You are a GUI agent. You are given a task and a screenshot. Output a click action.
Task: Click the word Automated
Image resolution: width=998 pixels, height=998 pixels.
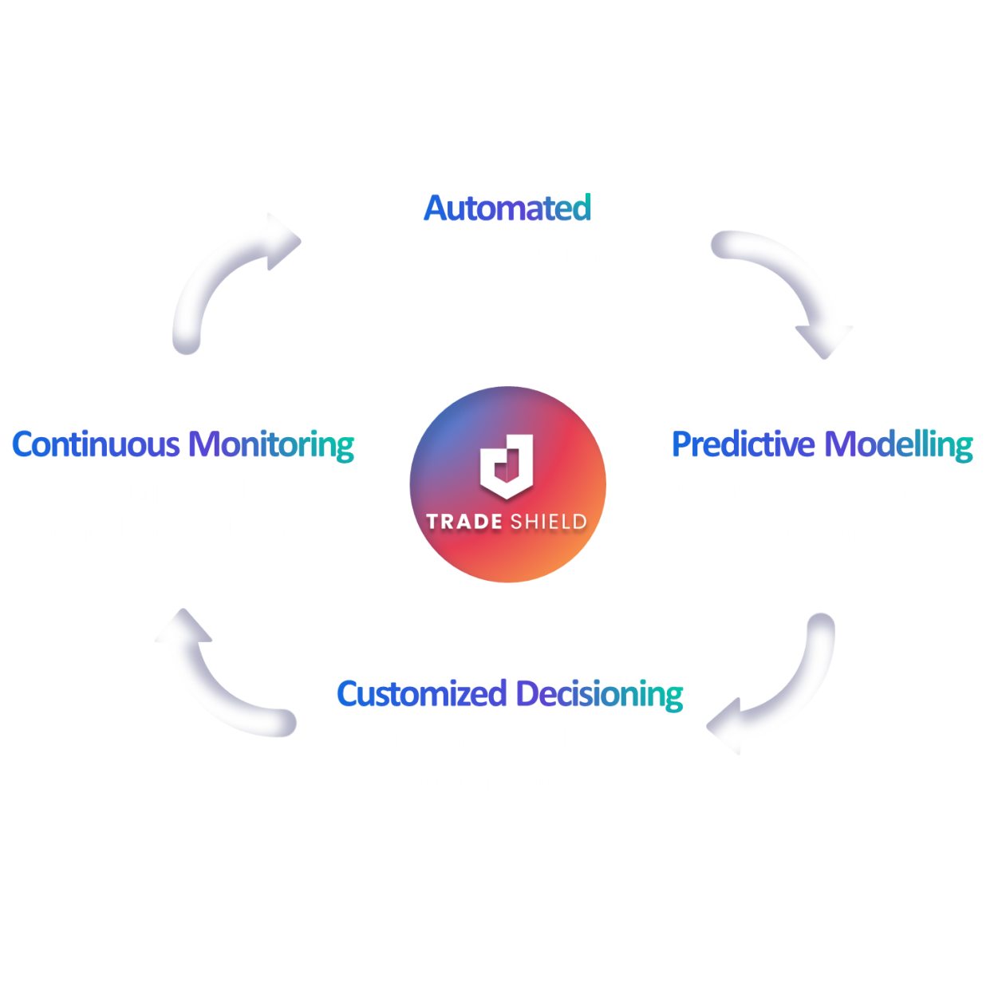click(507, 208)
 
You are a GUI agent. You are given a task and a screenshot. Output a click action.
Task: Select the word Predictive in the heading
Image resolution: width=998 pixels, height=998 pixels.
click(743, 444)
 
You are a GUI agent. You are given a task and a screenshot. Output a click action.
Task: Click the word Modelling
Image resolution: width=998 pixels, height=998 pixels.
click(898, 444)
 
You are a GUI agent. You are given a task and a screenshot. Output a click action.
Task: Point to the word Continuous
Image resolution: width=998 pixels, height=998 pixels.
click(96, 444)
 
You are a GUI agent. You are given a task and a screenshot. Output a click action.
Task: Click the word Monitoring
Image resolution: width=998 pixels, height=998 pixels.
click(271, 444)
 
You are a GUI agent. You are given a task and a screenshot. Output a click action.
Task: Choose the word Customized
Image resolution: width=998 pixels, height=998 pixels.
click(421, 694)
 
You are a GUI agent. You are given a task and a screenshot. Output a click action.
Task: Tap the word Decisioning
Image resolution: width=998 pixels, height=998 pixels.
click(599, 694)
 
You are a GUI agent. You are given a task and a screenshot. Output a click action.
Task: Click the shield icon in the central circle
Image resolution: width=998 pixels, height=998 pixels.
click(506, 467)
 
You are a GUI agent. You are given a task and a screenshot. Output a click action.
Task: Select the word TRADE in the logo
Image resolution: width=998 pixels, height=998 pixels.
click(463, 523)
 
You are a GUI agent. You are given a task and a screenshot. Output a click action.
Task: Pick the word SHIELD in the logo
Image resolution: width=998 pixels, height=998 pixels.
click(548, 523)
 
